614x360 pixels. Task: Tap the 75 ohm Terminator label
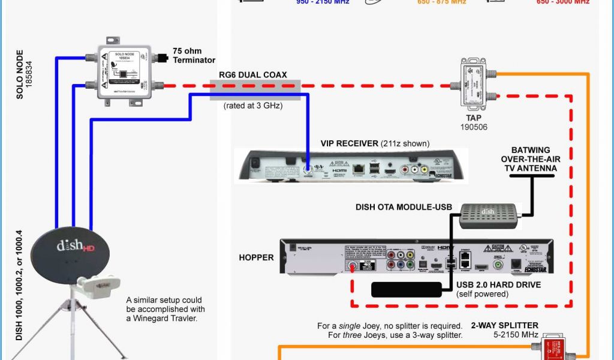click(x=194, y=55)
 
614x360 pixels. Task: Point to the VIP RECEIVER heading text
click(x=345, y=143)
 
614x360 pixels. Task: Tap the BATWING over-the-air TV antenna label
click(x=529, y=159)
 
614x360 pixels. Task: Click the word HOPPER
click(x=255, y=257)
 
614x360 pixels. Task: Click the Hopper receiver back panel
click(x=416, y=257)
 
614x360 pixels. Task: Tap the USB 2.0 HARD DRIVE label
click(x=498, y=284)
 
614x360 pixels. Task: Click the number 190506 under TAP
click(x=474, y=127)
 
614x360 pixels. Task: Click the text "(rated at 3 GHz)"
click(x=254, y=106)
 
